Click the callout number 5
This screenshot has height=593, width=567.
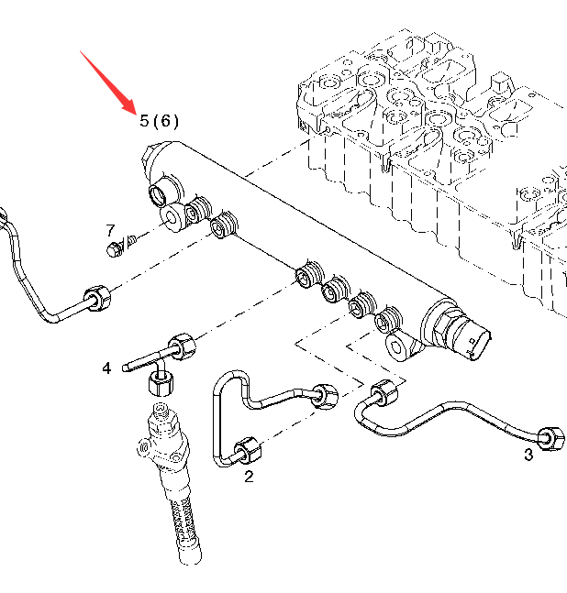point(143,121)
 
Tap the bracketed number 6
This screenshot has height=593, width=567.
point(166,121)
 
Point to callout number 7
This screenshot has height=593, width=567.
point(110,230)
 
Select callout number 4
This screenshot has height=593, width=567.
point(106,368)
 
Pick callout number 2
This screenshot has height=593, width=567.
point(249,476)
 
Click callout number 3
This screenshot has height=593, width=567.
point(528,456)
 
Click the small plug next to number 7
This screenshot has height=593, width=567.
point(113,249)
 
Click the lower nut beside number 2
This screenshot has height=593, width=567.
point(247,451)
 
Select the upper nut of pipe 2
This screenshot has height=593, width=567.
point(324,394)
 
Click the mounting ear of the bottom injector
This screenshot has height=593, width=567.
point(143,447)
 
